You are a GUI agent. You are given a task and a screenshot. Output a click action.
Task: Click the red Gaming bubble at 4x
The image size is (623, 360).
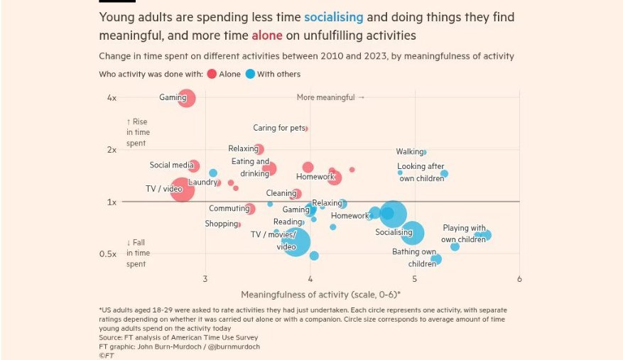[187, 98]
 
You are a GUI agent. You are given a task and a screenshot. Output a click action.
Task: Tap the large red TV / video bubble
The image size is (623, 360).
[183, 190]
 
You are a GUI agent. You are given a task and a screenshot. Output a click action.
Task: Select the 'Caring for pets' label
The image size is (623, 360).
[278, 129]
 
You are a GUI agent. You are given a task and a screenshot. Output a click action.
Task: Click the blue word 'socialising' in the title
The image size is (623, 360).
[333, 17]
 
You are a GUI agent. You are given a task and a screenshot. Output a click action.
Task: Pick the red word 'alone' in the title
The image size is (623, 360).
[267, 34]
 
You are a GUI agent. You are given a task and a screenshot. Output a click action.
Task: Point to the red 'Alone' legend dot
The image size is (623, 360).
[212, 74]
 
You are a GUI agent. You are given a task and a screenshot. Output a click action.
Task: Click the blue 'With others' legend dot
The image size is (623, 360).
[251, 74]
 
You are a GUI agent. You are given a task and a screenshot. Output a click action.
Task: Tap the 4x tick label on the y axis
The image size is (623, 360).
[112, 97]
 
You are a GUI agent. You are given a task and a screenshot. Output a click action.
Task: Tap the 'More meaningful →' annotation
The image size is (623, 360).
[330, 97]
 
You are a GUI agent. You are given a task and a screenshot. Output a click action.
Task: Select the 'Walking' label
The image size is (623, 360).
[410, 152]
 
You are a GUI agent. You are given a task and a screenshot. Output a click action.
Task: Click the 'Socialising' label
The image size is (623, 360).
[394, 232]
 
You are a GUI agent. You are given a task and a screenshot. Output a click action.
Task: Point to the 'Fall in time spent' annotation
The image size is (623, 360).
[136, 253]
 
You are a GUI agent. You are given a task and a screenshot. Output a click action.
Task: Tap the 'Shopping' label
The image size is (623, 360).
[221, 224]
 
